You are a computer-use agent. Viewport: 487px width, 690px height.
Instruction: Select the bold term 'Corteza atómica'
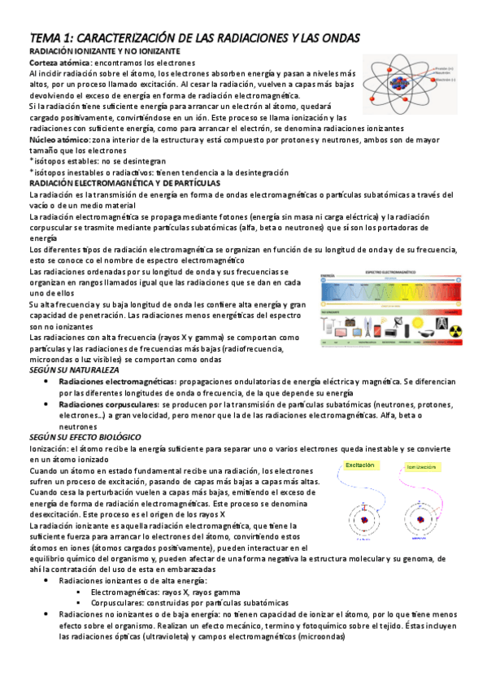click(59, 63)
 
